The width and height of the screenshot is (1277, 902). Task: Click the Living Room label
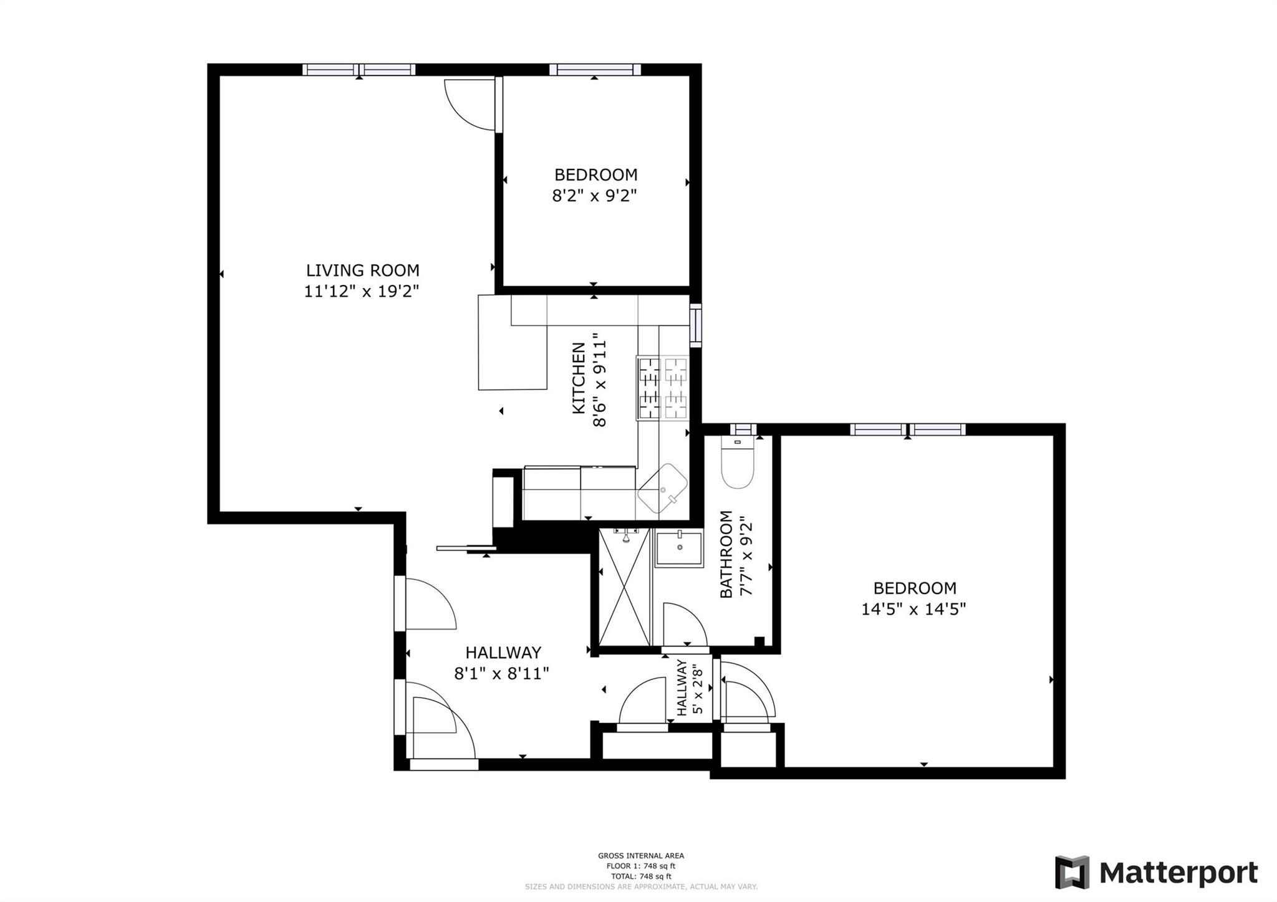coord(362,270)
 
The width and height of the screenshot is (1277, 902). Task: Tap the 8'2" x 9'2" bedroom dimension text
coord(594,196)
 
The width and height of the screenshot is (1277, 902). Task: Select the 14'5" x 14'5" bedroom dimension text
coord(913,609)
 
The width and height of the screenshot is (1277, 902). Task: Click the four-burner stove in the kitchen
coord(662,387)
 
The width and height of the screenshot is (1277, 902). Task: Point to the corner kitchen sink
coord(662,488)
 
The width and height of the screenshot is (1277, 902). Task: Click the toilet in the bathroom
coord(738,464)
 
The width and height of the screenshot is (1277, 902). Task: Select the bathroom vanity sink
coord(678,548)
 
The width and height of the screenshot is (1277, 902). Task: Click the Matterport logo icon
coord(1072,872)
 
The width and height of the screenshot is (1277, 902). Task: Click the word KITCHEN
coord(579,378)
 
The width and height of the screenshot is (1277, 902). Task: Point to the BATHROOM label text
coord(726,554)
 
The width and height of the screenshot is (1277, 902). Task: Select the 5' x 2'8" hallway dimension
coord(698,691)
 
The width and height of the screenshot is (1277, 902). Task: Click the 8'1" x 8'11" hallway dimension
coord(502,673)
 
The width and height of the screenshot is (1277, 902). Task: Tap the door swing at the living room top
coord(469,104)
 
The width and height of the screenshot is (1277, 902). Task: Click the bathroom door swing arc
coord(685,625)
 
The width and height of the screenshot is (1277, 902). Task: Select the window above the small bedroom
coord(595,69)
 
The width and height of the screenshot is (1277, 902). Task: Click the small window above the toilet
coord(743,429)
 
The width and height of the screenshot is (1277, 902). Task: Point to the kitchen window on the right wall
coord(696,325)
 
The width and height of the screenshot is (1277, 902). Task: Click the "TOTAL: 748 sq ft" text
coord(641,876)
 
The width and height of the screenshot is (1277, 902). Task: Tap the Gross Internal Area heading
coord(641,856)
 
